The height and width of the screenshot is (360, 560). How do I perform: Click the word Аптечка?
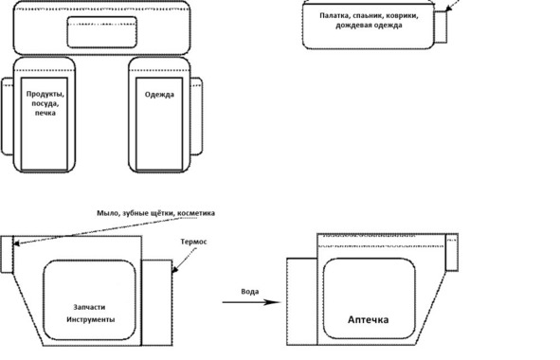pos(369,319)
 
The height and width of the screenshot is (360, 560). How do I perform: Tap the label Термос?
pos(193,242)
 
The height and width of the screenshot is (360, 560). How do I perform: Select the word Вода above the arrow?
pos(250,292)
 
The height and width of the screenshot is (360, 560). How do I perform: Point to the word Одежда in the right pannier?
pos(159,95)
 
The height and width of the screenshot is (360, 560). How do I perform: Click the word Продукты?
pos(45,95)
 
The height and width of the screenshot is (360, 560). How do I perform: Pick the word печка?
pos(45,113)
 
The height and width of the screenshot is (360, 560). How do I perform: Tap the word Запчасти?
pos(89,307)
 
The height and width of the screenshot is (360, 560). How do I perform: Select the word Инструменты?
pos(91,319)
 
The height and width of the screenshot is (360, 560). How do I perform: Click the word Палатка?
pos(334,16)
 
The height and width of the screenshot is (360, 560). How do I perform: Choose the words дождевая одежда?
pos(369,26)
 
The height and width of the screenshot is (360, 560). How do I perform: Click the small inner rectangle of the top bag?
pos(102,32)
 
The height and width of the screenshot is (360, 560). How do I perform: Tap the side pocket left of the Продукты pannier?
pos(8,117)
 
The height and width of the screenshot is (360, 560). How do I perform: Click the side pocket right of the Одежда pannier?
pos(196,117)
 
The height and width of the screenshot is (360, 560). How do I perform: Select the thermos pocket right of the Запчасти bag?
pos(157,303)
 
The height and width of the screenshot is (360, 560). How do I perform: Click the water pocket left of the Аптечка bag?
pos(302,301)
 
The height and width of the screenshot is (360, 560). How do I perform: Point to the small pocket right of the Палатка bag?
pos(441,27)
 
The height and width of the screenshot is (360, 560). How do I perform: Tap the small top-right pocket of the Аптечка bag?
pos(452,252)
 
